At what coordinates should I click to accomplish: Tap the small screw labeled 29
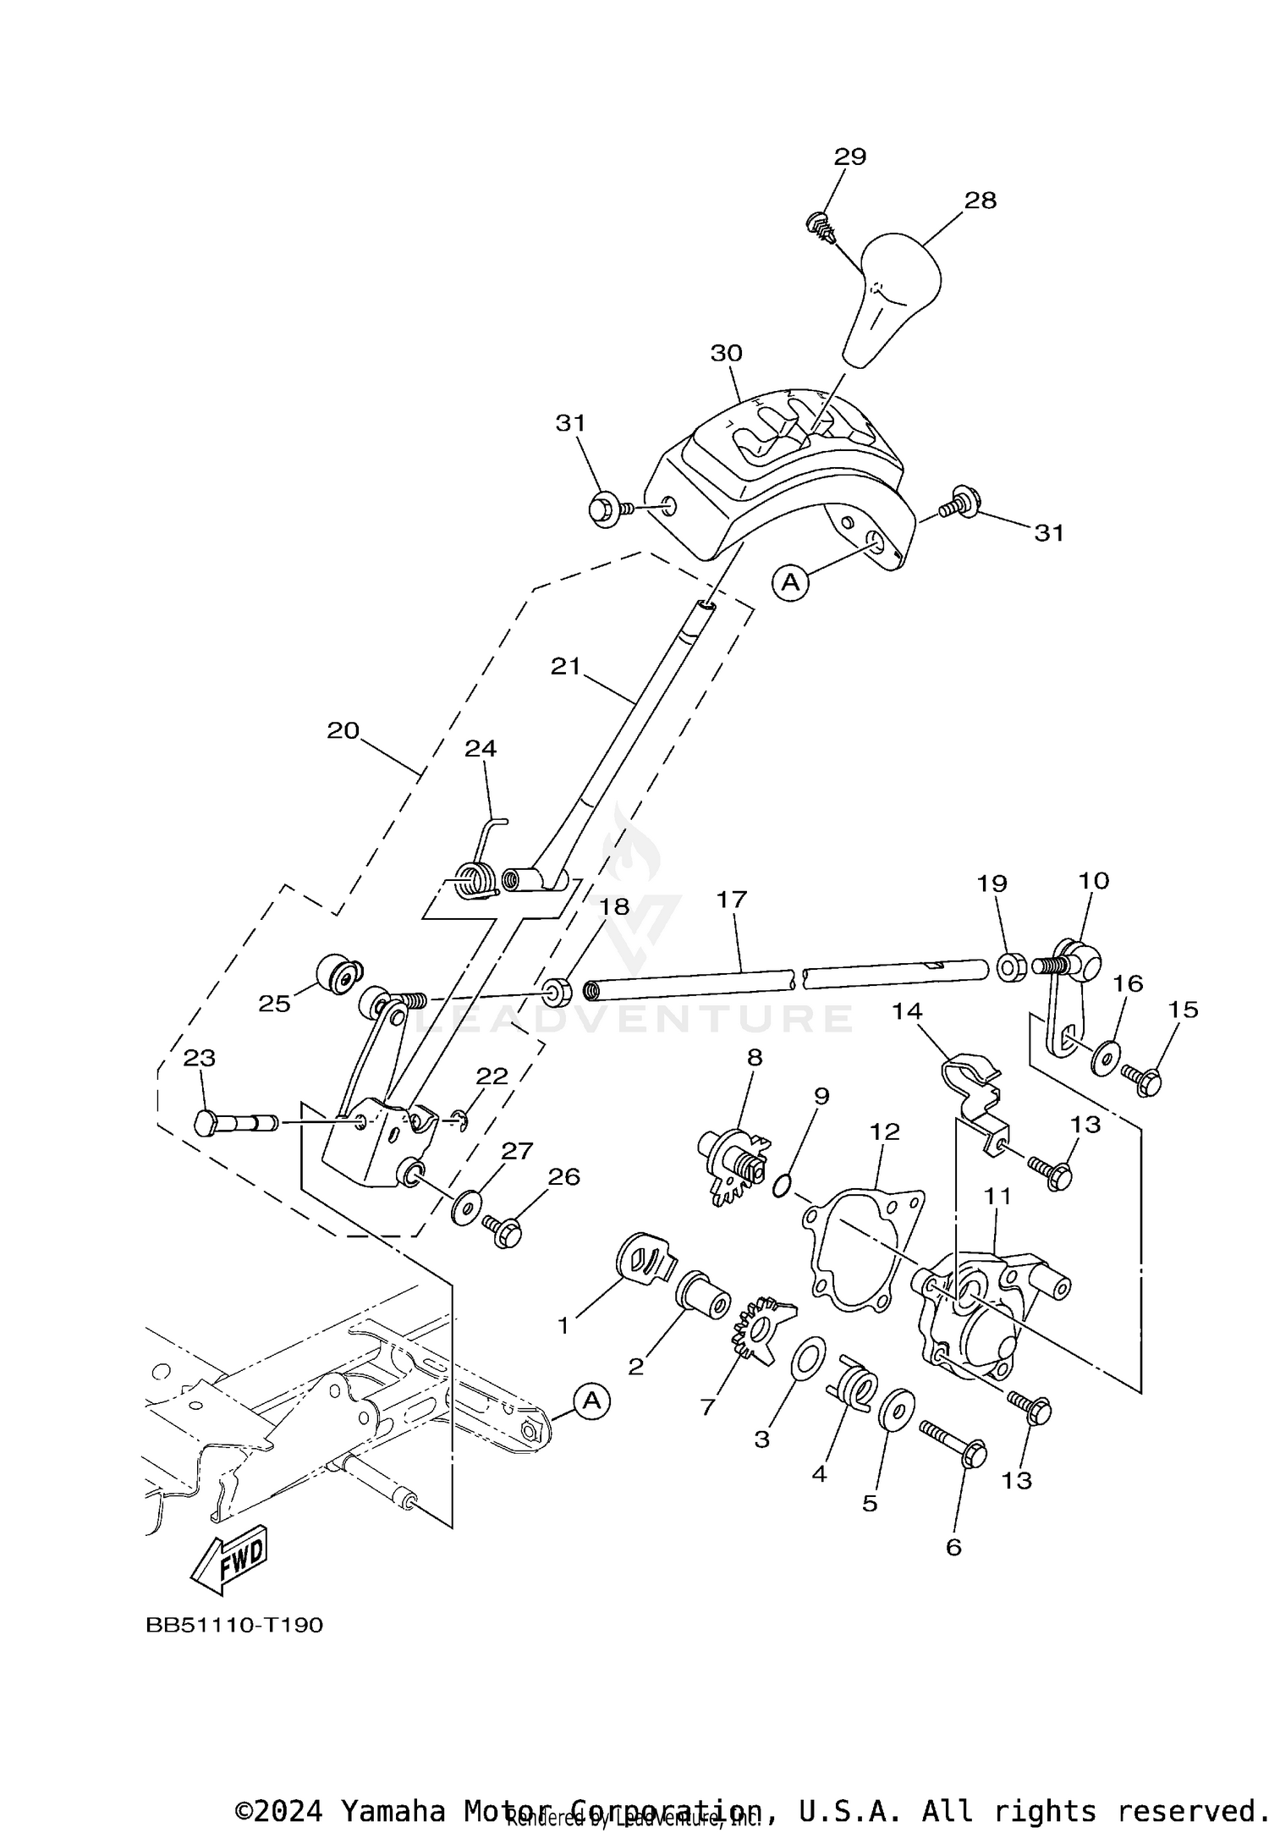[820, 225]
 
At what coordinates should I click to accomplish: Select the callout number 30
[726, 354]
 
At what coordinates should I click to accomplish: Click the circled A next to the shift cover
[790, 582]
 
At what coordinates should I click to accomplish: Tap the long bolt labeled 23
[237, 1123]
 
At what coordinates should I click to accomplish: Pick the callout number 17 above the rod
[732, 900]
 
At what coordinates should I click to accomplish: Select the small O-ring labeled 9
[784, 1186]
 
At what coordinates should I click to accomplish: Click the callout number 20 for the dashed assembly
[343, 730]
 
